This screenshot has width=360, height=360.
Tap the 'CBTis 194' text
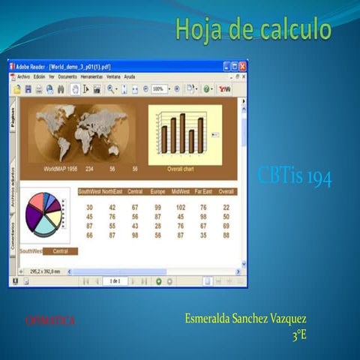(294, 177)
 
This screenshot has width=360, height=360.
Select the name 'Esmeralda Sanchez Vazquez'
(245, 319)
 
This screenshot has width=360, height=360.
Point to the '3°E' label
(299, 335)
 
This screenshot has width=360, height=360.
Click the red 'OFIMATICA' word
(50, 321)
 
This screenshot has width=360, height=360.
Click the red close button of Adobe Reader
(241, 66)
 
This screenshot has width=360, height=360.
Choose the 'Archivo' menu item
(23, 76)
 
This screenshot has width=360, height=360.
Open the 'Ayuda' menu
(130, 76)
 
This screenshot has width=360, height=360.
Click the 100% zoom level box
(158, 88)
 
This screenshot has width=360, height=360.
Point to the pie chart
(43, 213)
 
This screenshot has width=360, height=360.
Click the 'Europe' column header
(157, 192)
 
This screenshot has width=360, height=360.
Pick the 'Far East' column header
(202, 192)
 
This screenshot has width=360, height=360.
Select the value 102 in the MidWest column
(181, 207)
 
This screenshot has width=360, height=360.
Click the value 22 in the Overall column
(226, 207)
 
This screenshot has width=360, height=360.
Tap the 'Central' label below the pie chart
(60, 250)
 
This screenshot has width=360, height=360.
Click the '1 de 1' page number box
(115, 280)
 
